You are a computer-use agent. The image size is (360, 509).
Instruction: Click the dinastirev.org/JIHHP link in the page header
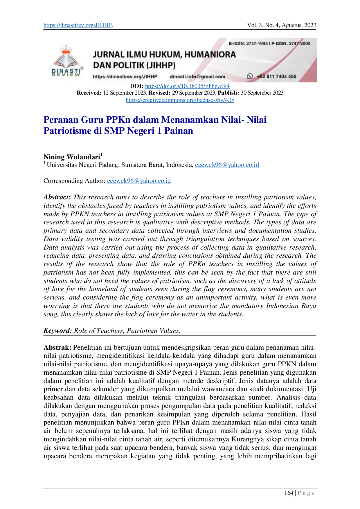[x=78, y=25]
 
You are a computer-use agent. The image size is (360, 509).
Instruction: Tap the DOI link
[x=187, y=86]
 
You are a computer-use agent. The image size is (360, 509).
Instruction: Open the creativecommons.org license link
[x=180, y=100]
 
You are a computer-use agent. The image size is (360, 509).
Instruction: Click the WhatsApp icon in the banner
[x=250, y=76]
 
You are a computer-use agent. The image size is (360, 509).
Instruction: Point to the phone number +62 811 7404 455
[x=276, y=76]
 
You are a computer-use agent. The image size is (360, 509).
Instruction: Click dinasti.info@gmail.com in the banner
[x=197, y=77]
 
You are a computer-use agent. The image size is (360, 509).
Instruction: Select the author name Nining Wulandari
[x=72, y=157]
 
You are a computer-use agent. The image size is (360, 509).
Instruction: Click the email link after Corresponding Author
[x=139, y=181]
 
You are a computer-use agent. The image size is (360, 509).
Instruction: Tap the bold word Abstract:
[x=57, y=197]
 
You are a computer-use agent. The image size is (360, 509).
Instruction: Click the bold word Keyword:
[x=57, y=331]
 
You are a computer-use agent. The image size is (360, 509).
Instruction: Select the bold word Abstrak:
[x=57, y=347]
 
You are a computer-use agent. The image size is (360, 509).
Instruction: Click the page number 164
[x=289, y=493]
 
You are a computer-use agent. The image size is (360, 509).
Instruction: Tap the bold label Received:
[x=89, y=93]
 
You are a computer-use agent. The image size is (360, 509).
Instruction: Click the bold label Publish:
[x=228, y=93]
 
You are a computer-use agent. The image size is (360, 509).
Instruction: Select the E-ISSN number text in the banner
[x=248, y=44]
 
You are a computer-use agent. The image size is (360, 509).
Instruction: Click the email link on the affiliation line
[x=227, y=165]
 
